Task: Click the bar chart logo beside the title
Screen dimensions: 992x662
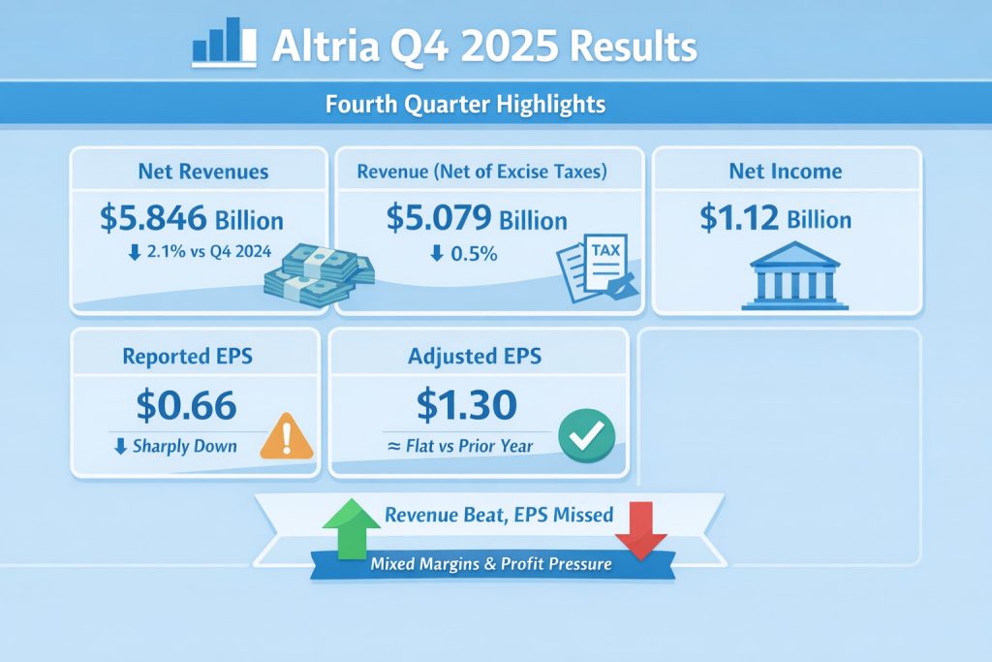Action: (224, 42)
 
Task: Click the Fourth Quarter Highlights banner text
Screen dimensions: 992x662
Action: (465, 104)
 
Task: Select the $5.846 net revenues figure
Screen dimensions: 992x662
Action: (153, 218)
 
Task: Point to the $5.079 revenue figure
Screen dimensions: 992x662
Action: (439, 218)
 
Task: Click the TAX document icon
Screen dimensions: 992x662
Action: (598, 268)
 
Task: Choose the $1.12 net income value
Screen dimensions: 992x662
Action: (739, 218)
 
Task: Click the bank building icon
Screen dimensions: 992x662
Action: (794, 275)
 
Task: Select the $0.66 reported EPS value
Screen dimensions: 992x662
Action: (187, 405)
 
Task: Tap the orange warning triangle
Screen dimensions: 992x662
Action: (287, 436)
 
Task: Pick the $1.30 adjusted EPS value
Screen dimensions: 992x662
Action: (466, 405)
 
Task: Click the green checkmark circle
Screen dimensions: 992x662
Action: (586, 435)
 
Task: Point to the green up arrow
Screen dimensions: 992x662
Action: (351, 528)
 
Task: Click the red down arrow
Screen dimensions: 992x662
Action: (641, 530)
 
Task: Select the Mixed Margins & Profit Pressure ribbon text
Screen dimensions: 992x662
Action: (491, 564)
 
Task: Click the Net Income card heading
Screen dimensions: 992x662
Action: (785, 171)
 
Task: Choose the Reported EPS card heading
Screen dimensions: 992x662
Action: (187, 357)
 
